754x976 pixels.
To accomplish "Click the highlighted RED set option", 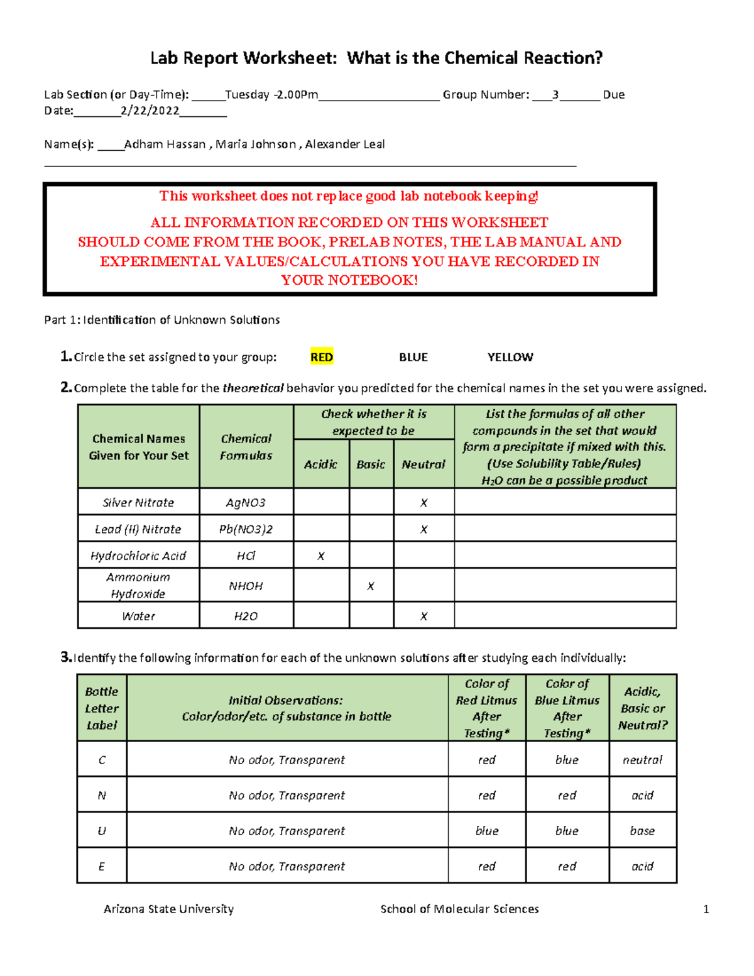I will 321,357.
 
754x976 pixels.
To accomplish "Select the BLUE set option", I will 413,357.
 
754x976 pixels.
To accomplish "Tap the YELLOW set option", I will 510,357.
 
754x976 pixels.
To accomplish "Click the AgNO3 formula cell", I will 246,503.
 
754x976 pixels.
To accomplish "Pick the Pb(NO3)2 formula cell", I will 246,529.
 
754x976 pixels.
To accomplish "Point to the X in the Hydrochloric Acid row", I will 321,556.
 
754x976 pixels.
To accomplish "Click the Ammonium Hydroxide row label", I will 138,585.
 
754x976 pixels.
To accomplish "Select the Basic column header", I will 371,464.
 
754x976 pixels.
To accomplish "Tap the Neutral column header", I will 423,464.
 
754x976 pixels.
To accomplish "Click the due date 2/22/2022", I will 150,111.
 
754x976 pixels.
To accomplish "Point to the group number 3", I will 555,95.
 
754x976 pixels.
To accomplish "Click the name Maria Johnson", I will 256,145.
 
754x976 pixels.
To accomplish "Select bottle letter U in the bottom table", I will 102,831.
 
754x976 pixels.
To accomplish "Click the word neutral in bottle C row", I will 642,760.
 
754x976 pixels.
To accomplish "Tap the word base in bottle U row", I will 642,831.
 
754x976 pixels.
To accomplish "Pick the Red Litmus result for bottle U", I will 486,831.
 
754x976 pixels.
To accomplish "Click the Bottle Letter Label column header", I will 102,708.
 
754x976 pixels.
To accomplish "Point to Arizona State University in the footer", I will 168,909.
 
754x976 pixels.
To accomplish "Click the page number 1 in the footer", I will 706,909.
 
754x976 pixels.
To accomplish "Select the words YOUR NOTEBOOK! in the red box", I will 349,280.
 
